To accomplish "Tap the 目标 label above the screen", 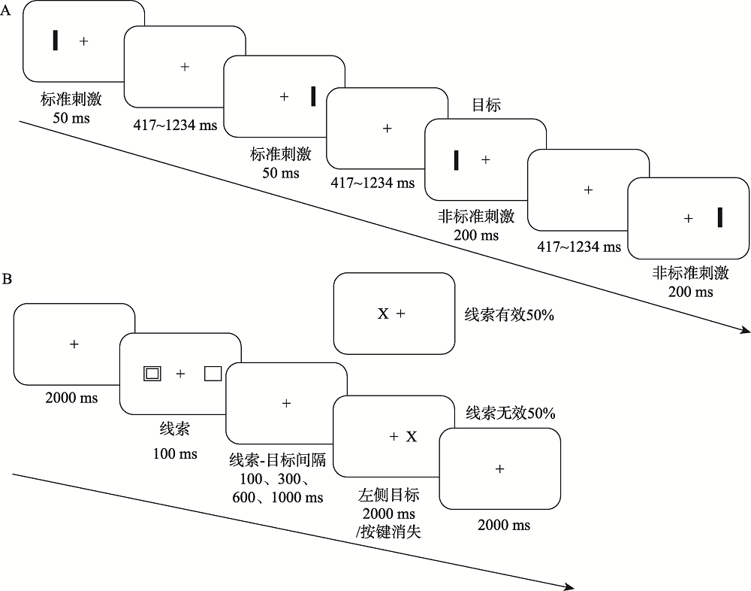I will tap(486, 106).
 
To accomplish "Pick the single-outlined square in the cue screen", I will tap(213, 373).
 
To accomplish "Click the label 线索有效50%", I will tap(509, 315).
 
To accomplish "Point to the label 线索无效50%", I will tap(510, 413).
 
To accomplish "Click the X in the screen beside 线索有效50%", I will tap(382, 314).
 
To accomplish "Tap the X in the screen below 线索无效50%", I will tap(411, 436).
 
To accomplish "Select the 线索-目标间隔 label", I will tap(282, 460).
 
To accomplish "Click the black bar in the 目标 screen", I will tap(456, 160).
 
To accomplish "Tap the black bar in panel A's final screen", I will tap(719, 217).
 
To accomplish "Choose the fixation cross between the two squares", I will tap(180, 373).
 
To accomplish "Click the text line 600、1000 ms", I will tap(278, 497).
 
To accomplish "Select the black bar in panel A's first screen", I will tap(55, 41).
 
